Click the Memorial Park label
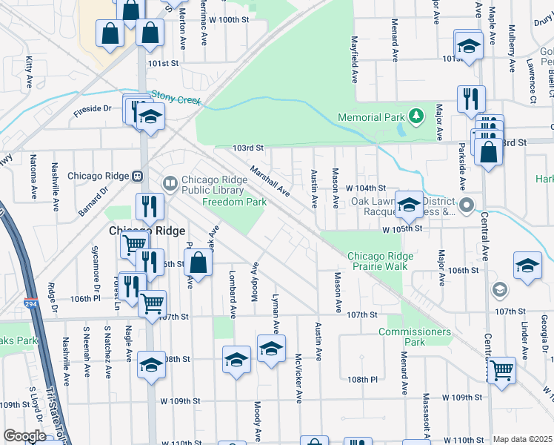[x=371, y=117]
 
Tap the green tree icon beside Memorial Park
[x=417, y=115]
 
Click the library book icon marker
[x=170, y=182]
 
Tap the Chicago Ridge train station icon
[x=137, y=177]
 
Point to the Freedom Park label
[x=234, y=202]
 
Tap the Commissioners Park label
[x=414, y=337]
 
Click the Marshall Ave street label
[x=269, y=180]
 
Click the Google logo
[x=24, y=435]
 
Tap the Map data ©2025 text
[x=522, y=439]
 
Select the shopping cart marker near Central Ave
[x=502, y=369]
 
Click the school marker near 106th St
[x=527, y=267]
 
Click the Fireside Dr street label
[x=92, y=109]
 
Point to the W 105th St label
[x=402, y=229]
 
